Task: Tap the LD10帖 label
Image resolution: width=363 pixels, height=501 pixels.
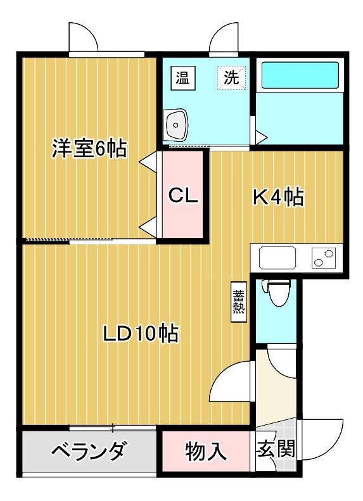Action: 141,332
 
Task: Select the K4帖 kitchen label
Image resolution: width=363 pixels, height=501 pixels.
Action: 279,198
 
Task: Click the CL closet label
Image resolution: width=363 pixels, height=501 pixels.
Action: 183,196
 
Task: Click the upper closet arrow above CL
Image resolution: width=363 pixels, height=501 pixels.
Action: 149,162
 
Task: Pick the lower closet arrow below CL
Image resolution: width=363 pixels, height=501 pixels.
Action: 149,225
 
